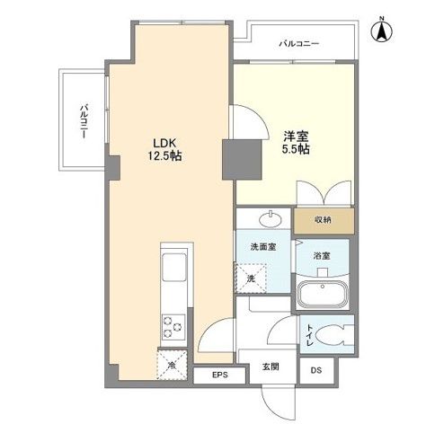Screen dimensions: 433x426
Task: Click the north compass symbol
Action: [381, 31]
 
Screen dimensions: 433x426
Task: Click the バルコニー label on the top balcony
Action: [299, 42]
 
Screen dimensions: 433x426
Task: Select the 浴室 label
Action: [322, 256]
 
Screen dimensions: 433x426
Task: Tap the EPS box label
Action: [220, 376]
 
